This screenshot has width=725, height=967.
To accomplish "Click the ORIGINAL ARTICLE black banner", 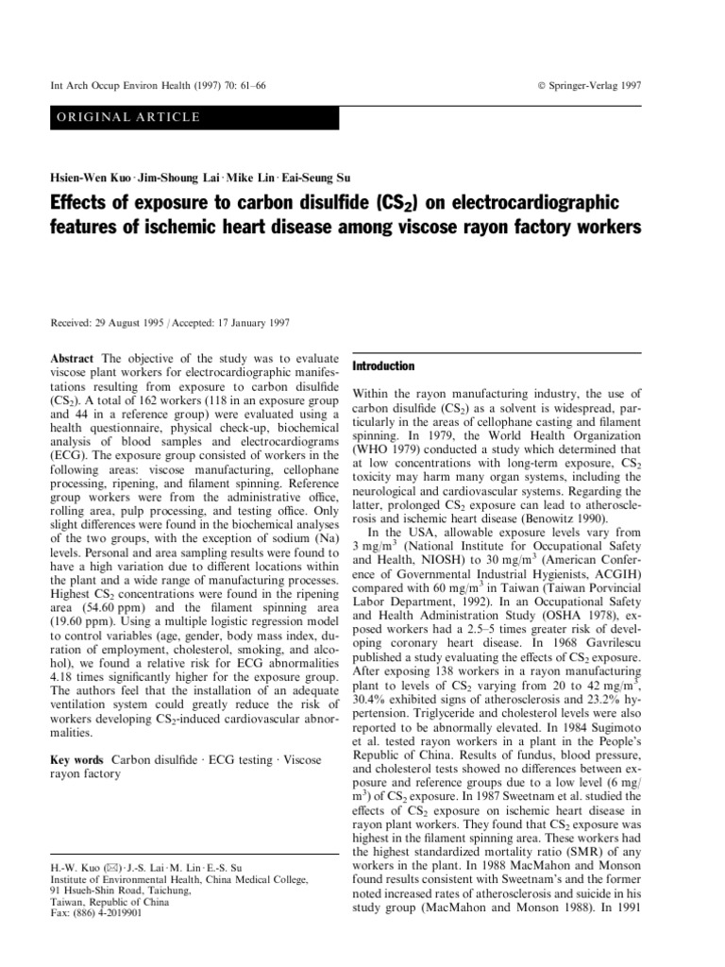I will pyautogui.click(x=193, y=117).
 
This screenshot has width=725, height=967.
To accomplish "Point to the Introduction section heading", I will pyautogui.click(x=383, y=365).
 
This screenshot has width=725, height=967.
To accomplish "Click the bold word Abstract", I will pyautogui.click(x=72, y=360).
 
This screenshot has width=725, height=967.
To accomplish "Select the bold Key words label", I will pyautogui.click(x=77, y=760).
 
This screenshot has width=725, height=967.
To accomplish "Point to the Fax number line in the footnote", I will pyautogui.click(x=95, y=914).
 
